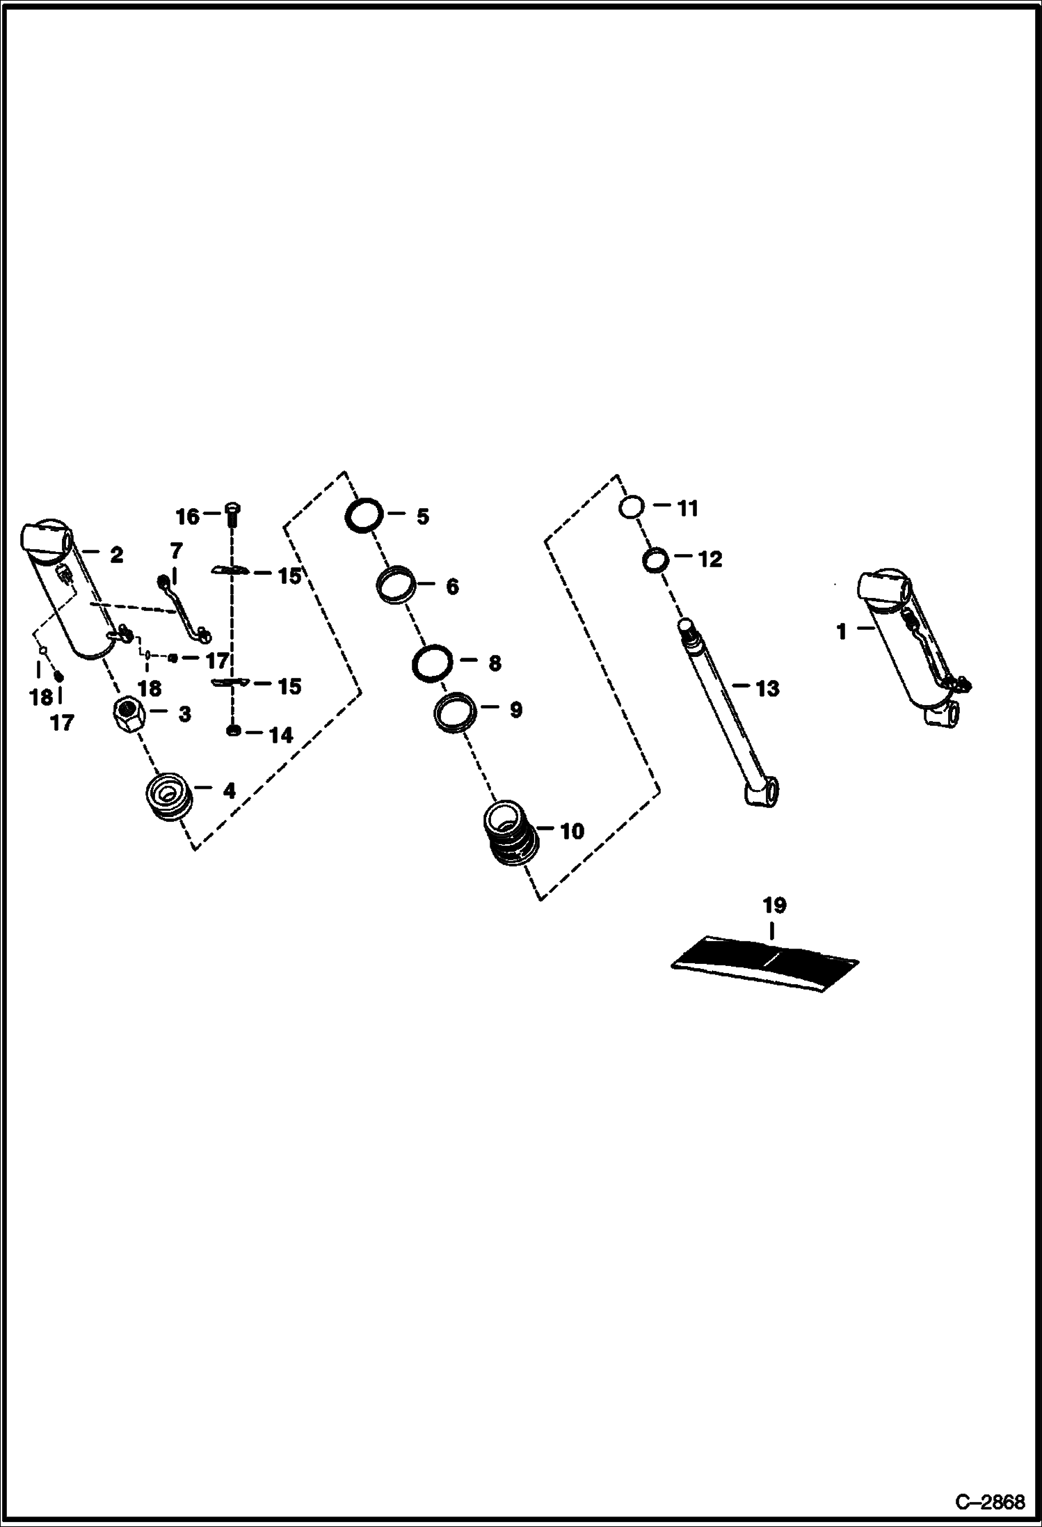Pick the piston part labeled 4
tap(168, 796)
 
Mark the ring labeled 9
tap(456, 711)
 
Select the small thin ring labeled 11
tap(631, 507)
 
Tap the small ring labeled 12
tap(655, 560)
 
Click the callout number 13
tap(767, 688)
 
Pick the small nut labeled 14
tap(234, 731)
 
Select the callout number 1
tap(842, 632)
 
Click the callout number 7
tap(176, 551)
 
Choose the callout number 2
tap(116, 555)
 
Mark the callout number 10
tap(572, 831)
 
